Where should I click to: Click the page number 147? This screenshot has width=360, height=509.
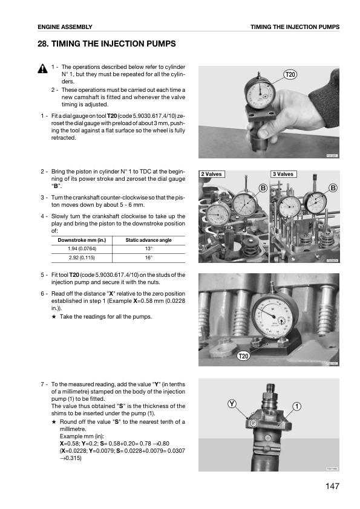pyautogui.click(x=331, y=486)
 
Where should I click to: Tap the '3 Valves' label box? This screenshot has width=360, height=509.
pyautogui.click(x=283, y=174)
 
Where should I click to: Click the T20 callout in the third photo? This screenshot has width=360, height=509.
pyautogui.click(x=243, y=357)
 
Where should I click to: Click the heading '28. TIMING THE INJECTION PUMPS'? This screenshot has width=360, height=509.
pyautogui.click(x=106, y=44)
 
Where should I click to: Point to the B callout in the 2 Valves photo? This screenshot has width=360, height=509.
pyautogui.click(x=263, y=188)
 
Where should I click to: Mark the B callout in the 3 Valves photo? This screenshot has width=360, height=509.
pyautogui.click(x=333, y=188)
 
